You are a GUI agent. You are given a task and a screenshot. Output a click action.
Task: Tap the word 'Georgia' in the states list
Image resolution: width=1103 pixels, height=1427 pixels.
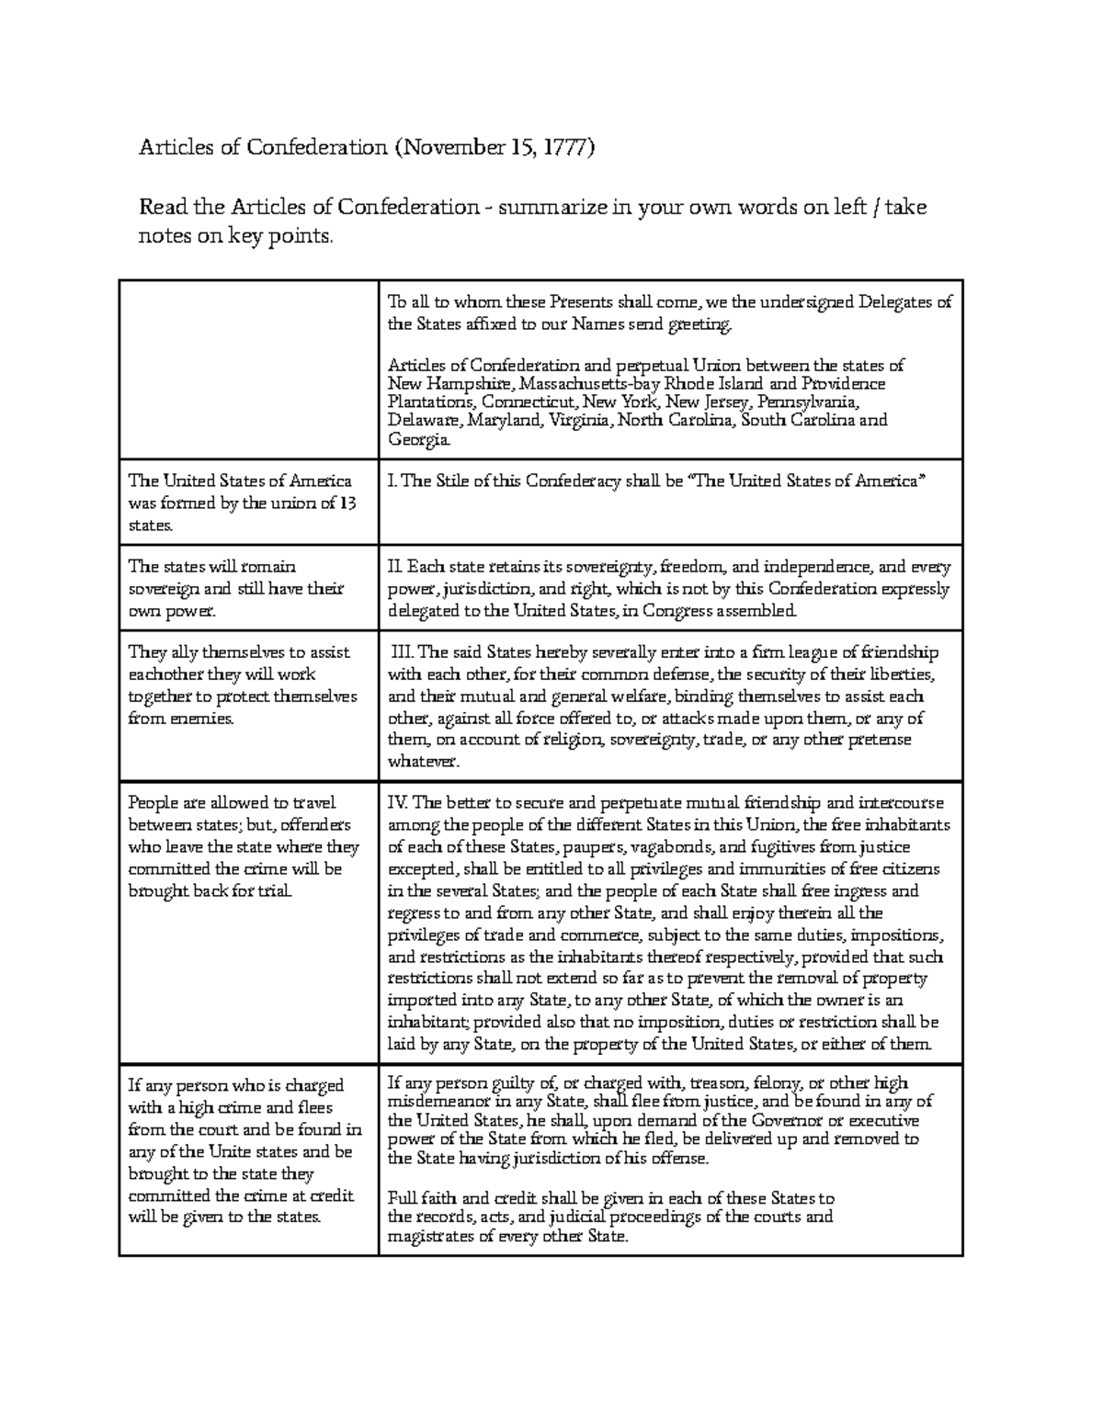point(419,442)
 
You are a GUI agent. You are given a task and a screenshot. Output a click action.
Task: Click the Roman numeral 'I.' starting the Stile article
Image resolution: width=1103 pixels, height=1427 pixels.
point(392,481)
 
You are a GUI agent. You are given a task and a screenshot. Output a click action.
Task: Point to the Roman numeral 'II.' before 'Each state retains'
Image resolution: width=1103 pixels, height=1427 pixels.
point(395,567)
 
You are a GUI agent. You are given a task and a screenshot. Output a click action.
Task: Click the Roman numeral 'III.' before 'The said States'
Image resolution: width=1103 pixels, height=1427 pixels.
point(403,653)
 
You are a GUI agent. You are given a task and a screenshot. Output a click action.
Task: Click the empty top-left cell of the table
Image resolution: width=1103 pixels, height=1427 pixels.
point(248,368)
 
